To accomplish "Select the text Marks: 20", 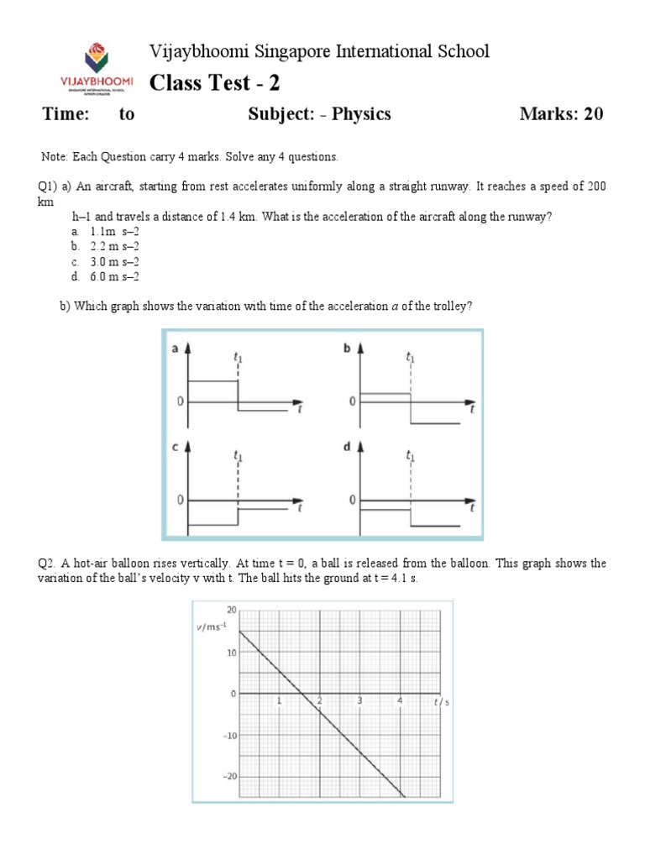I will [x=561, y=114].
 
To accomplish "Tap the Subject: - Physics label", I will [x=319, y=114].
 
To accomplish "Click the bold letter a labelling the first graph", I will [x=175, y=349].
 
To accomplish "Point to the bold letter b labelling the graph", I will [x=346, y=349].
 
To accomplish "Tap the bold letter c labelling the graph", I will [x=175, y=448].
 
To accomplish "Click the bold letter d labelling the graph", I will [x=346, y=448].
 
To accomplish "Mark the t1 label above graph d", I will [x=409, y=456].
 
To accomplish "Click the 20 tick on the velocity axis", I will [x=231, y=610].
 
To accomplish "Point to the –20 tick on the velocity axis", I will [x=228, y=777].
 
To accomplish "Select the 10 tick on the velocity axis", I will [x=231, y=653].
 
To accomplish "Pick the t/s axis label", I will [x=442, y=702].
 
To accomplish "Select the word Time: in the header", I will [x=66, y=114].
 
